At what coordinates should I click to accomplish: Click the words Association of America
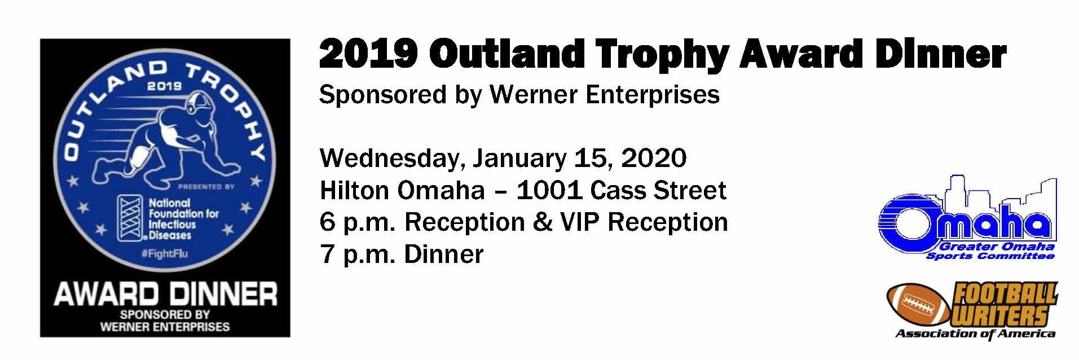(x=975, y=333)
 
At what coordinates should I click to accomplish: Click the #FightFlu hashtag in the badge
(x=165, y=254)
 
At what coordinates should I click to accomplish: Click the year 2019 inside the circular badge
(x=165, y=86)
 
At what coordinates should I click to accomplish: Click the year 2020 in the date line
(x=654, y=159)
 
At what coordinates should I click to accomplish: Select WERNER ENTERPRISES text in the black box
(x=165, y=326)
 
